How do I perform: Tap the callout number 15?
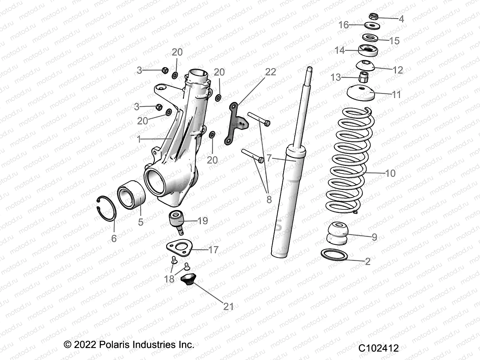tap(394, 41)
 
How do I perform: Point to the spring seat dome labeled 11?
tap(361, 94)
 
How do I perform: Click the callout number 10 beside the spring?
tap(390, 173)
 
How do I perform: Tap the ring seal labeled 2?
tap(334, 255)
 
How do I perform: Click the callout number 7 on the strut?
tap(269, 158)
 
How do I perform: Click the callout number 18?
tap(169, 279)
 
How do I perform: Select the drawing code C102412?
tap(379, 348)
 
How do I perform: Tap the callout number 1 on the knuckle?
tap(139, 139)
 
